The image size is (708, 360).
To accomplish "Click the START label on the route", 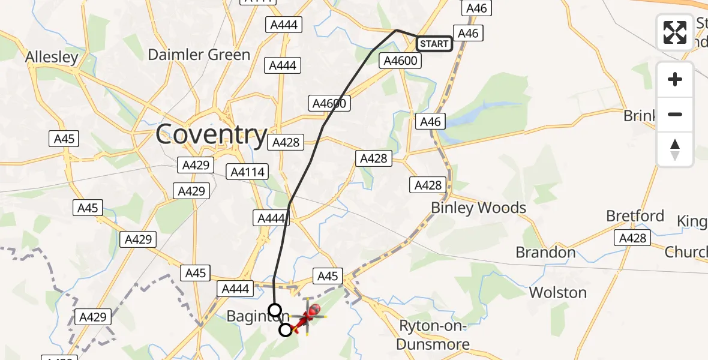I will pyautogui.click(x=434, y=44).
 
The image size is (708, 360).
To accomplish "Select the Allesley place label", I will pyautogui.click(x=52, y=58).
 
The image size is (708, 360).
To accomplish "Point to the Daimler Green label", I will pyautogui.click(x=199, y=55).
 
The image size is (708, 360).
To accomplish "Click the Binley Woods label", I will pyautogui.click(x=478, y=208).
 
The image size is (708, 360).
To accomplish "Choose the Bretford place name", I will pyautogui.click(x=635, y=216).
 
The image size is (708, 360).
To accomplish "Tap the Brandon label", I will pyautogui.click(x=545, y=253).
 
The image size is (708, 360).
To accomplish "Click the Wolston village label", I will pyautogui.click(x=557, y=293).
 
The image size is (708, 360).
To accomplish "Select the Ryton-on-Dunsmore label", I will pyautogui.click(x=434, y=335).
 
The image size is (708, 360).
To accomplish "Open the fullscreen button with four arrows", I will pyautogui.click(x=675, y=32).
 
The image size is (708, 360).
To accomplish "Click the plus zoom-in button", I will pyautogui.click(x=675, y=79).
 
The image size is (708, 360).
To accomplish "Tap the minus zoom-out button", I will pyautogui.click(x=675, y=114).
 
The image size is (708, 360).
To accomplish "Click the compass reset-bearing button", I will pyautogui.click(x=675, y=149).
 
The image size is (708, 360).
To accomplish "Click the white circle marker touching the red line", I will pyautogui.click(x=286, y=329).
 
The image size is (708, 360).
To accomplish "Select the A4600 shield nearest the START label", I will pyautogui.click(x=401, y=61).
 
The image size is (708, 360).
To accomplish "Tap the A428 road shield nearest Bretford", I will pyautogui.click(x=633, y=238).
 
